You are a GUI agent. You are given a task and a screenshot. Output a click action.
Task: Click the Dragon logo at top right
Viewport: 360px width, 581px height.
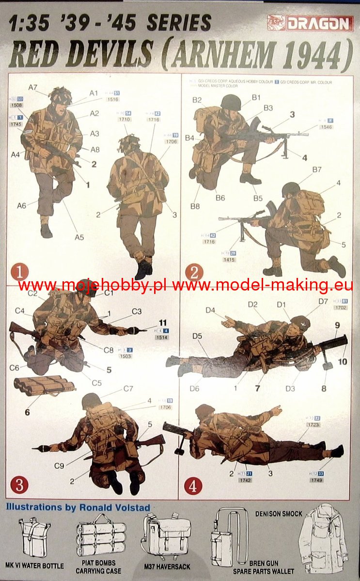point(310,22)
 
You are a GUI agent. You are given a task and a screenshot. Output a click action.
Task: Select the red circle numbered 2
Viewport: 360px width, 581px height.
point(194,273)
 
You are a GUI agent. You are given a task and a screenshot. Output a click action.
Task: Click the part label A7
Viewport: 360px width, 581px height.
point(33,87)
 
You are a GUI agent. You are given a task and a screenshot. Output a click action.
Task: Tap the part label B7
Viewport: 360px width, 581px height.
point(317,169)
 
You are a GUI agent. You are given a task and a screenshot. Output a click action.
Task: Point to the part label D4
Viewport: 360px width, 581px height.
point(210,310)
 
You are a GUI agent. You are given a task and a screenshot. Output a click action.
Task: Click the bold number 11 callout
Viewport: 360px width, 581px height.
point(163,322)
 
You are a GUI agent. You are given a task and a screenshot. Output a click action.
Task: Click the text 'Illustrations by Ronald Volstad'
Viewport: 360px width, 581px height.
point(78,507)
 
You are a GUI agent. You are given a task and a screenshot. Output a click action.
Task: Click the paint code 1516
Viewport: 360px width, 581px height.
point(113,99)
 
